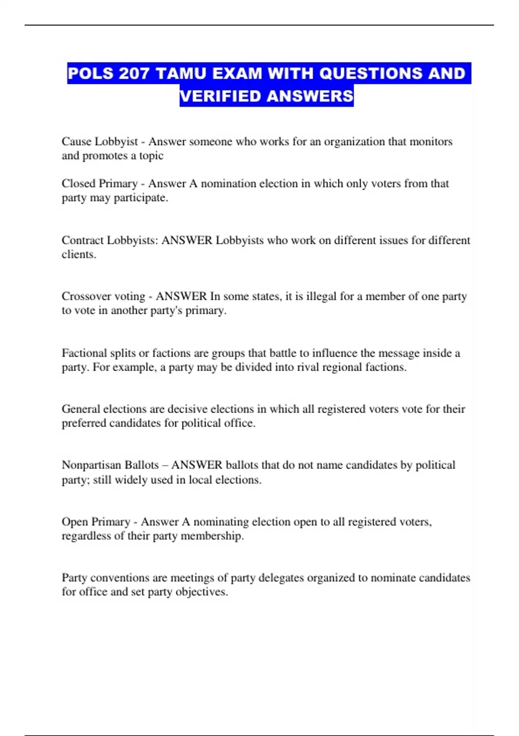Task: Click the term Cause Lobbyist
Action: coord(99,142)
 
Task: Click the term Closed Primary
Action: coord(99,184)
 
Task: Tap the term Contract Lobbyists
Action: coord(109,240)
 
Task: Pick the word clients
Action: coord(78,255)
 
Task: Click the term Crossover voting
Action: coord(103,297)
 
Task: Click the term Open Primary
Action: coord(96,522)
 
